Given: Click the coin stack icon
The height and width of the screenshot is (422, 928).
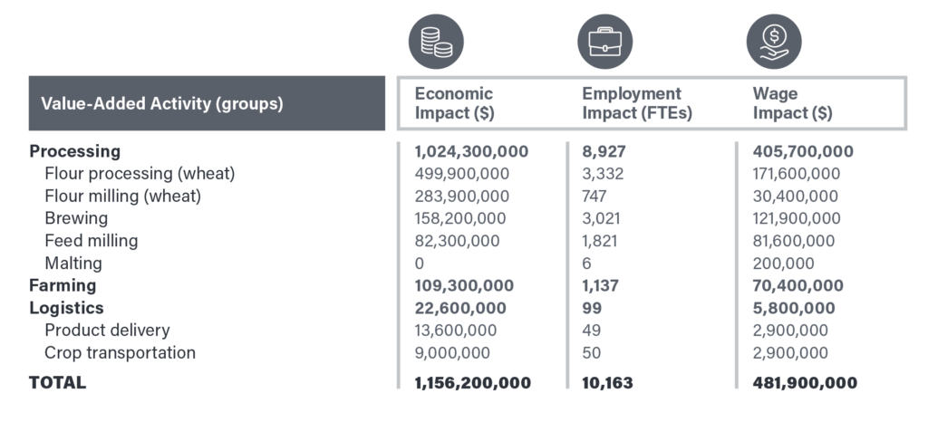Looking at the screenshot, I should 436,42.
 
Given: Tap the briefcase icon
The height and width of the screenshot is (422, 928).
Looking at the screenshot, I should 604,42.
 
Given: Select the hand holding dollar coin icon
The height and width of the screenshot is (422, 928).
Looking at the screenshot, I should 774,42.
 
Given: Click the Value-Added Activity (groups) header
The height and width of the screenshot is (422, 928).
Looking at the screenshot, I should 162,103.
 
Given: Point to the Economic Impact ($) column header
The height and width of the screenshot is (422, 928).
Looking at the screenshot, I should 454,103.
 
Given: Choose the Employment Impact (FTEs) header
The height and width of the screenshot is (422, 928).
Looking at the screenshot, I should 632,103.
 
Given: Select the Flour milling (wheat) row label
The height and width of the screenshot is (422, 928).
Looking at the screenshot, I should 122,196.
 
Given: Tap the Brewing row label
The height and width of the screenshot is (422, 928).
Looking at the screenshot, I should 76,218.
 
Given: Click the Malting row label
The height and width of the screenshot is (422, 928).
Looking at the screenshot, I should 73,264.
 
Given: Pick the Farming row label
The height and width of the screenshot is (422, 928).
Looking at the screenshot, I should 63,285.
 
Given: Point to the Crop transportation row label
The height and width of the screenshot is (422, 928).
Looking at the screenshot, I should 120,352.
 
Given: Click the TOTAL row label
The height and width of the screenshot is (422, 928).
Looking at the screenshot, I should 58,382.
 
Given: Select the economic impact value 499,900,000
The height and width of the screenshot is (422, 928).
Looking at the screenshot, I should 462,174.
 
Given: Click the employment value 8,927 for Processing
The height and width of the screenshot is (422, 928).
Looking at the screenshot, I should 602,151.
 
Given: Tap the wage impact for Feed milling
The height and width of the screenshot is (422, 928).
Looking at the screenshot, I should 796,241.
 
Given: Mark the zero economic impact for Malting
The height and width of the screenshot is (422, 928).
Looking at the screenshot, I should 420,264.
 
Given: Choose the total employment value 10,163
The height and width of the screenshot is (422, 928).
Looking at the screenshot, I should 607,382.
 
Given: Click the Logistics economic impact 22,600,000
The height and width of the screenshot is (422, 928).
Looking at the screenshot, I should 460,308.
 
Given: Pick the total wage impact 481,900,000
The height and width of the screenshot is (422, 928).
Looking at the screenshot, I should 805,382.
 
